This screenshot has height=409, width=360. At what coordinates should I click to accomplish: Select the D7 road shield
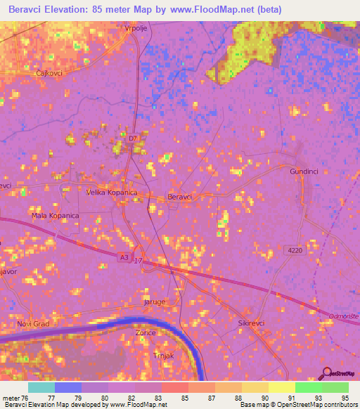(x=132, y=138)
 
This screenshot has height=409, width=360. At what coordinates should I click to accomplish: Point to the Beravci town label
(x=180, y=197)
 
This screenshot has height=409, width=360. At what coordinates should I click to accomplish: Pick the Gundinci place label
(x=305, y=171)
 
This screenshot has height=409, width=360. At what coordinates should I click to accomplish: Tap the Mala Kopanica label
(x=55, y=216)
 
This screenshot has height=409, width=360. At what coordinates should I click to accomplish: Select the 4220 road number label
(x=295, y=250)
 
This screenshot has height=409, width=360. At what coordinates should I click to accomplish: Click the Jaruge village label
(x=155, y=301)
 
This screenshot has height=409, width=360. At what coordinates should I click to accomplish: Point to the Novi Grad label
(x=33, y=324)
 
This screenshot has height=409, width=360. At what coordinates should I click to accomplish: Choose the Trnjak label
(x=164, y=356)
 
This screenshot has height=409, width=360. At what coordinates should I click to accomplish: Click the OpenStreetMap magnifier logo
(x=326, y=373)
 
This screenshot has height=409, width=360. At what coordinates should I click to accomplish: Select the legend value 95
(x=344, y=398)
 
